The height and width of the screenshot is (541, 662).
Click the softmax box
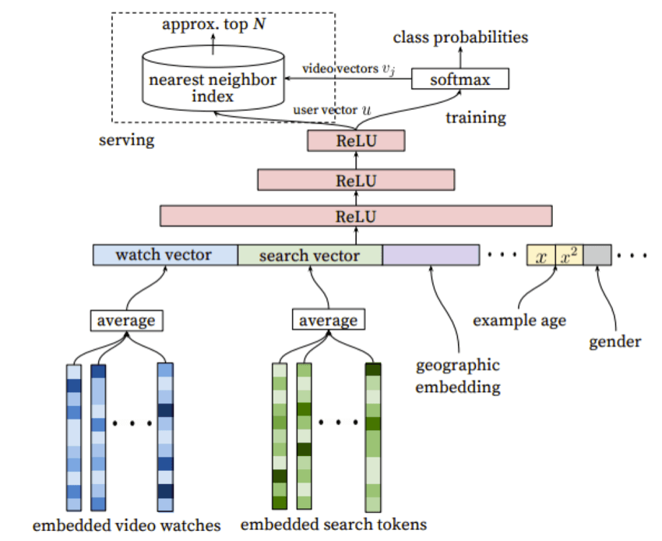pyautogui.click(x=459, y=79)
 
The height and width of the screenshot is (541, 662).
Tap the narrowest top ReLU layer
pyautogui.click(x=356, y=141)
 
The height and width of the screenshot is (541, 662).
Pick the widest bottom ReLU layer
pyautogui.click(x=356, y=216)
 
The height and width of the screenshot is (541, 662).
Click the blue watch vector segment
pyautogui.click(x=165, y=256)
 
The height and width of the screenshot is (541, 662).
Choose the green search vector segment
pyautogui.click(x=309, y=256)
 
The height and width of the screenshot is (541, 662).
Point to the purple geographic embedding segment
pyautogui.click(x=431, y=256)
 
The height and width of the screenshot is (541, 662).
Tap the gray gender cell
pyautogui.click(x=597, y=256)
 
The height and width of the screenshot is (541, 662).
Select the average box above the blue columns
pyautogui.click(x=126, y=320)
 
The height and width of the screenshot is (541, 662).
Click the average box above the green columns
pyautogui.click(x=328, y=320)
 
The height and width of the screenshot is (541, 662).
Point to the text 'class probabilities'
pyautogui.click(x=460, y=37)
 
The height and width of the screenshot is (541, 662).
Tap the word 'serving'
pyautogui.click(x=127, y=141)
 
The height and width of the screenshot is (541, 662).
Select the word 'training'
pyautogui.click(x=475, y=118)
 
